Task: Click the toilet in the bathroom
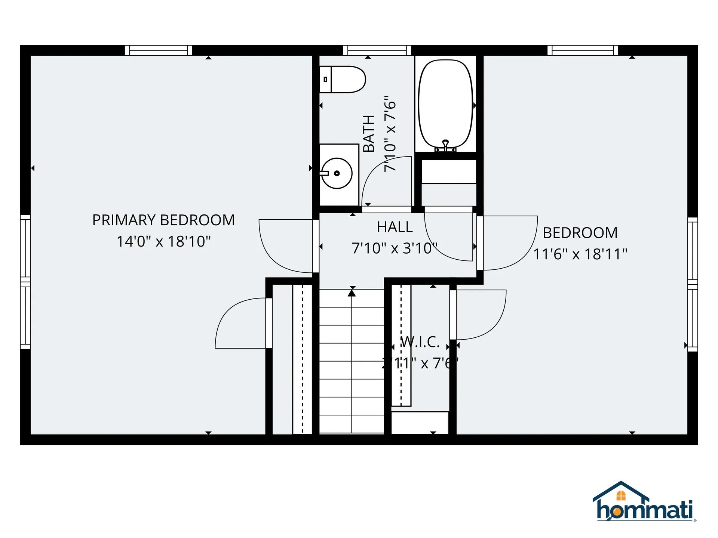[342, 79]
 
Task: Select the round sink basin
[337, 173]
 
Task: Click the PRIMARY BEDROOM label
[163, 220]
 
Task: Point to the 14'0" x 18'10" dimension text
[163, 241]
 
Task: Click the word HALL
[395, 227]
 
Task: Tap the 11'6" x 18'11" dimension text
[580, 254]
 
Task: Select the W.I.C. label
[420, 342]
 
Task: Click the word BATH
[369, 133]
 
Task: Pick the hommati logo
[644, 503]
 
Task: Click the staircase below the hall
[352, 361]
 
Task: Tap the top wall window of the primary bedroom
[158, 50]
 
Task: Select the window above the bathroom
[377, 50]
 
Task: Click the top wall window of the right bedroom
[583, 50]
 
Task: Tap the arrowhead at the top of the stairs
[352, 293]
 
